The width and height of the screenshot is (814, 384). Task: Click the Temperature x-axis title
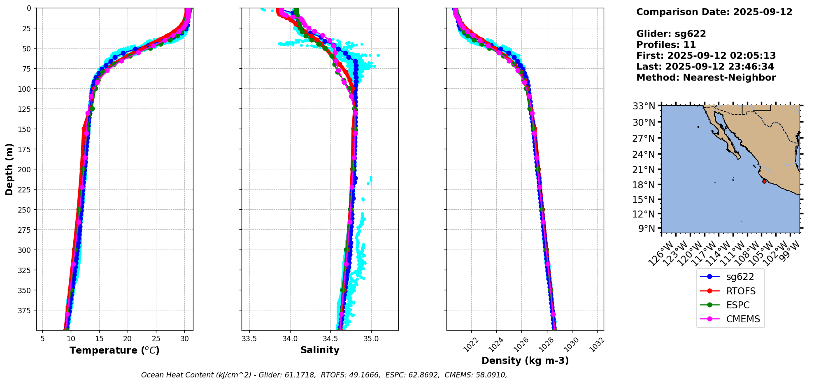[114, 350]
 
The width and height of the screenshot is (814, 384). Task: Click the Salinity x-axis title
[320, 350]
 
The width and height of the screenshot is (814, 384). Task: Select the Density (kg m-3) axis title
[525, 361]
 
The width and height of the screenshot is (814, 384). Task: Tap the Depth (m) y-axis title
[9, 169]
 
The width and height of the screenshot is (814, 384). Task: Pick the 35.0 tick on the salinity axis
[371, 339]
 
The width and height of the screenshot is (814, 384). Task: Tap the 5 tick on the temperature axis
[42, 339]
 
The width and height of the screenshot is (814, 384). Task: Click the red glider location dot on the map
[764, 181]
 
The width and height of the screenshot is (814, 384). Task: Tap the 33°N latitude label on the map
[644, 106]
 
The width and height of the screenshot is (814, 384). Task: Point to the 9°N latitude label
[646, 228]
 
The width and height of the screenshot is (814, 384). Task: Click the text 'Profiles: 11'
[666, 45]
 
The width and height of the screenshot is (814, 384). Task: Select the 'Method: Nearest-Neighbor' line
[706, 78]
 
